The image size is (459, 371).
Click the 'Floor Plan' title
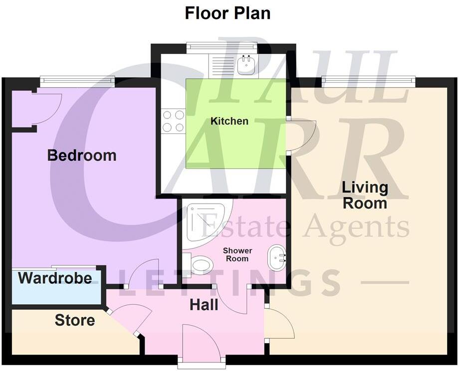228,13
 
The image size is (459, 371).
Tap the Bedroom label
82,155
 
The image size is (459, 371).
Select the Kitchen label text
229,121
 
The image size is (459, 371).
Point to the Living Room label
365,195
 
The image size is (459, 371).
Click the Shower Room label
237,254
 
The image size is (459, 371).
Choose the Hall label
204,304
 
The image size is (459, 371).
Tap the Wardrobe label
55,278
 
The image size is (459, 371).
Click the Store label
75,320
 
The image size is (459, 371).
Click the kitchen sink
246,65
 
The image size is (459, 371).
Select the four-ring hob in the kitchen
173,121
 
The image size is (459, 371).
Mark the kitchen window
222,47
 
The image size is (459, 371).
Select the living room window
369,80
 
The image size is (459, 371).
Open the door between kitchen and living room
299,135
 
